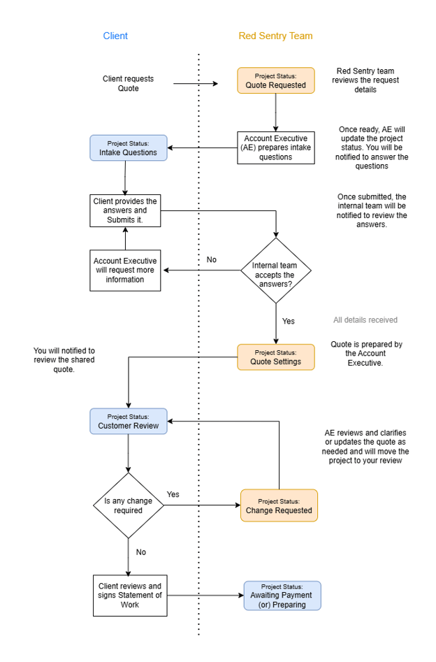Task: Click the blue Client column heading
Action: click(x=115, y=36)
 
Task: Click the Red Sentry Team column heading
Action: click(x=275, y=36)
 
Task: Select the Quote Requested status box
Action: click(x=275, y=81)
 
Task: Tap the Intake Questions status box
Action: click(x=129, y=148)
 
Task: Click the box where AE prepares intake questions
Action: click(x=277, y=147)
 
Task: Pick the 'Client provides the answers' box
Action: click(x=125, y=210)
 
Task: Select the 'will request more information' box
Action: click(x=125, y=271)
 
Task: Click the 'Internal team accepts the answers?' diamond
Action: click(x=276, y=271)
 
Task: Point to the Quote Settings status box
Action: click(x=275, y=357)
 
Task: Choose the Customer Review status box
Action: click(x=129, y=422)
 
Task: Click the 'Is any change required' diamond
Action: click(x=128, y=505)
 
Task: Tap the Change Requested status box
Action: click(x=279, y=506)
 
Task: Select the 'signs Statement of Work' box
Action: click(x=130, y=596)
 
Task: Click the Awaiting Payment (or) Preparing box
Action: click(x=282, y=596)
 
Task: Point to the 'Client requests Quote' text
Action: click(x=128, y=84)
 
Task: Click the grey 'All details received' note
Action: click(x=365, y=320)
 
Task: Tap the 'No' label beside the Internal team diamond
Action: click(x=211, y=260)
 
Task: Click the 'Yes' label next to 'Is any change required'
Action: click(x=173, y=494)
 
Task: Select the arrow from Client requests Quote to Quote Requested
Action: click(x=196, y=85)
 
